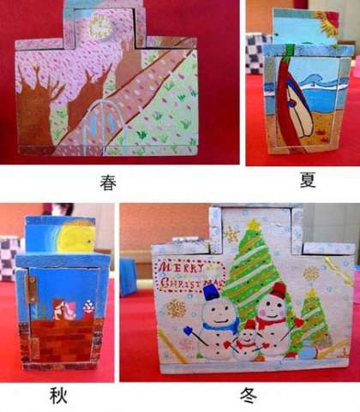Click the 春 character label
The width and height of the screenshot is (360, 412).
tap(108, 182)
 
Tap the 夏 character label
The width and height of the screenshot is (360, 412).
tap(308, 180)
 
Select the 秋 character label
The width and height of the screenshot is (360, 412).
tap(58, 395)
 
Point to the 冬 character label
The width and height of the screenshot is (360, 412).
tap(249, 396)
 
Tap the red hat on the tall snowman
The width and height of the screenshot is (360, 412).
tap(278, 290)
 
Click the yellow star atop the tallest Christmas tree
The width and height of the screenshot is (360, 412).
tap(254, 224)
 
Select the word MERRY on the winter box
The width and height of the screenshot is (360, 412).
tap(182, 268)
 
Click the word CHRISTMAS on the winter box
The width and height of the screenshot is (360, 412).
tap(191, 283)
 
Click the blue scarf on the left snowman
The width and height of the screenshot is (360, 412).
tap(220, 325)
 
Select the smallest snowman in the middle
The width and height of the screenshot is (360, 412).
tap(247, 340)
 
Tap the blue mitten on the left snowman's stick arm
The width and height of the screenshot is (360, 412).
tap(188, 331)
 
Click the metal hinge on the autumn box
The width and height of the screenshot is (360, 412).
tap(33, 290)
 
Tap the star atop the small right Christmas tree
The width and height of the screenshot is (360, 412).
tap(312, 291)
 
